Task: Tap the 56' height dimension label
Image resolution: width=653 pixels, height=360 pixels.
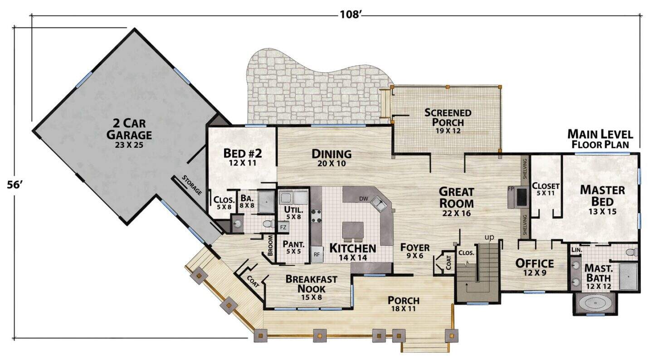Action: (15, 185)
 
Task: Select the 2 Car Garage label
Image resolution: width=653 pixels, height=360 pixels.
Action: (129, 133)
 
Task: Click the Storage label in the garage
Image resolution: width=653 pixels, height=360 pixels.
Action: (192, 185)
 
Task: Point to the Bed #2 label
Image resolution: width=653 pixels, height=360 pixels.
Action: (243, 157)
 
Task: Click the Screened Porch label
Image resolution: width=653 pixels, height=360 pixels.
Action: (448, 121)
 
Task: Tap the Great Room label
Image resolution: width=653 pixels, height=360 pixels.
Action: (457, 202)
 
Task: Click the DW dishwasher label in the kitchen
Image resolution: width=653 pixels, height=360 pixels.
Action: (364, 199)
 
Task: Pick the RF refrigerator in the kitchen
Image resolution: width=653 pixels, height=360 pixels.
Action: (317, 254)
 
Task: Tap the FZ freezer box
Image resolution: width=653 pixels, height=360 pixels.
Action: (283, 227)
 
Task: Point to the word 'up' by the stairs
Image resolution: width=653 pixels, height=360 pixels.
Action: (489, 238)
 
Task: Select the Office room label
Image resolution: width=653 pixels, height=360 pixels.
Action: (535, 267)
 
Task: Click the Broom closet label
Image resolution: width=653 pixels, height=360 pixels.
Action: (271, 245)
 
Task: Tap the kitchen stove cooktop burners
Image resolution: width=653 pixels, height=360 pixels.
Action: (316, 215)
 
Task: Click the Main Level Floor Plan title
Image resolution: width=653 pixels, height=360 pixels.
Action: (600, 139)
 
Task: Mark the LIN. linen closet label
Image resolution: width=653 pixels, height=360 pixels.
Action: (576, 250)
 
